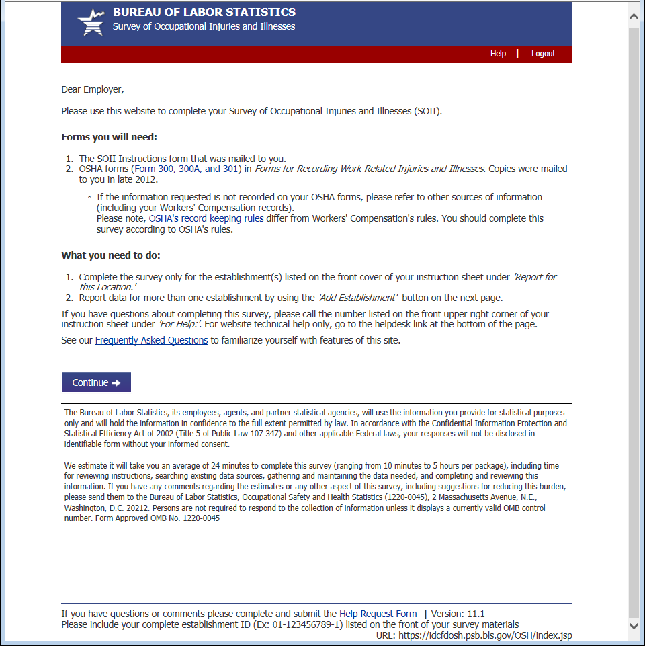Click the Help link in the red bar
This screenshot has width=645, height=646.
(498, 54)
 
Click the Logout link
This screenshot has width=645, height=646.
(543, 54)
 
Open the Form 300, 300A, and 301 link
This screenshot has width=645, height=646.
(186, 169)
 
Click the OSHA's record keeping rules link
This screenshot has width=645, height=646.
(206, 218)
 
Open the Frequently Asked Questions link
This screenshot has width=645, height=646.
(151, 340)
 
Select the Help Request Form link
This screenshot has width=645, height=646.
(378, 614)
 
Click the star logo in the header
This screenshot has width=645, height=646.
(91, 23)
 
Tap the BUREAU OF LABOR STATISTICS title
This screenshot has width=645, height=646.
(204, 12)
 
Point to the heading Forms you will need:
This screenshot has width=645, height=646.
(109, 137)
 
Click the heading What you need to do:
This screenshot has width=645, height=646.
(111, 255)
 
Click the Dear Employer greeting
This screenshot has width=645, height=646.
(93, 89)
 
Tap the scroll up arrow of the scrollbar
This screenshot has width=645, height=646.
(634, 15)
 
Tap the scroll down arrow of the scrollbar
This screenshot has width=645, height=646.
(634, 626)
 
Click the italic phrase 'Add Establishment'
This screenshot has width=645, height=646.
(357, 298)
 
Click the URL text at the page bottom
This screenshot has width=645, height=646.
(474, 635)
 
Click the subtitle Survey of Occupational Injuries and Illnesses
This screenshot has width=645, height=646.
(204, 27)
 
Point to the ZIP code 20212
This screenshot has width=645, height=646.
(127, 508)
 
